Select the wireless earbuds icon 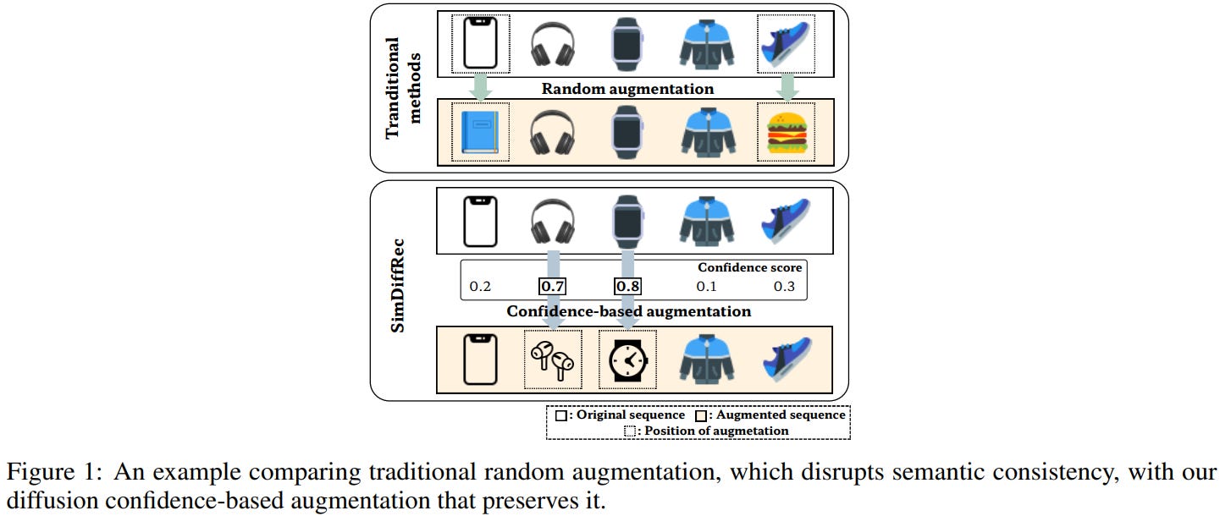click(x=553, y=359)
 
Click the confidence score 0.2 click(x=480, y=286)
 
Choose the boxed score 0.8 click(x=627, y=286)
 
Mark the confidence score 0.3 click(x=784, y=286)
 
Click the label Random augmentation click(x=627, y=89)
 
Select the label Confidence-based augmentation click(x=628, y=311)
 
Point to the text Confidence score click(x=749, y=267)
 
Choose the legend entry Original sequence click(x=621, y=414)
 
